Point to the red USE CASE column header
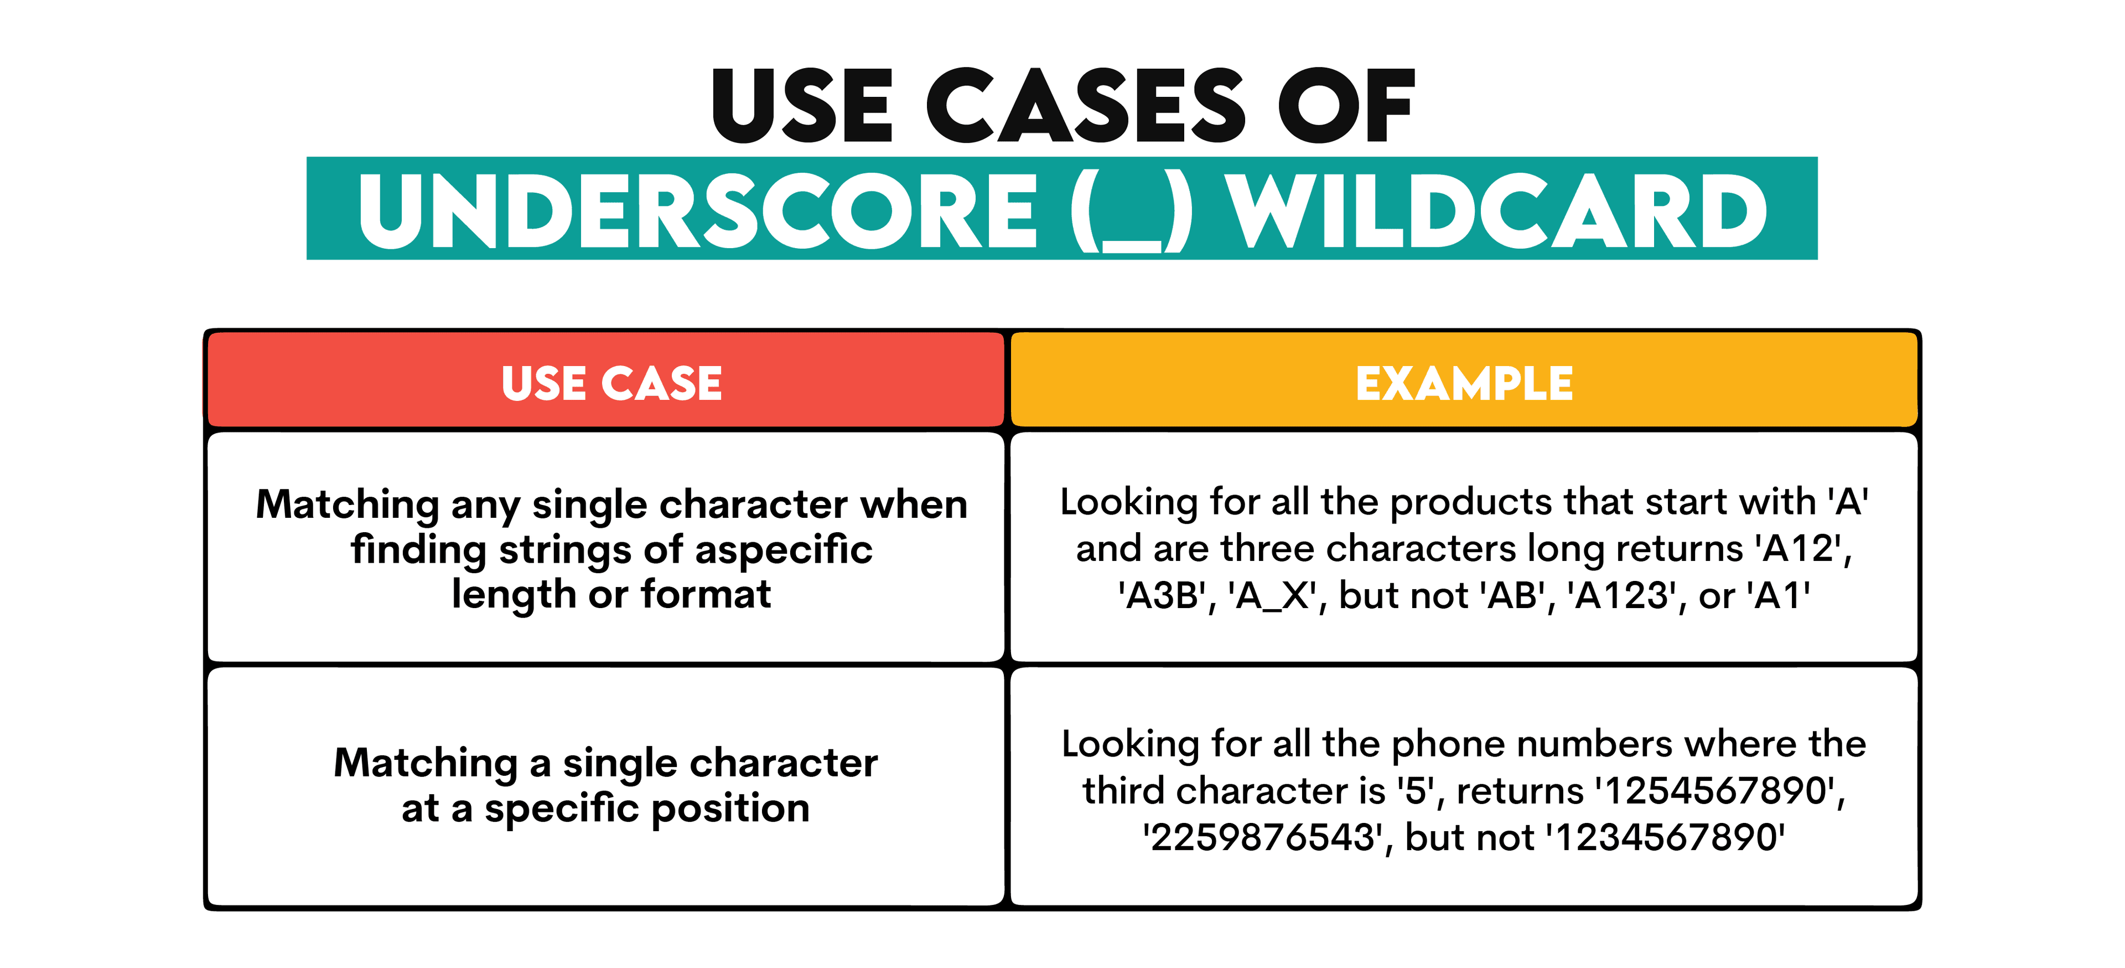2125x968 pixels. coord(611,383)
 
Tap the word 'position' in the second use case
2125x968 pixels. coord(729,809)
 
